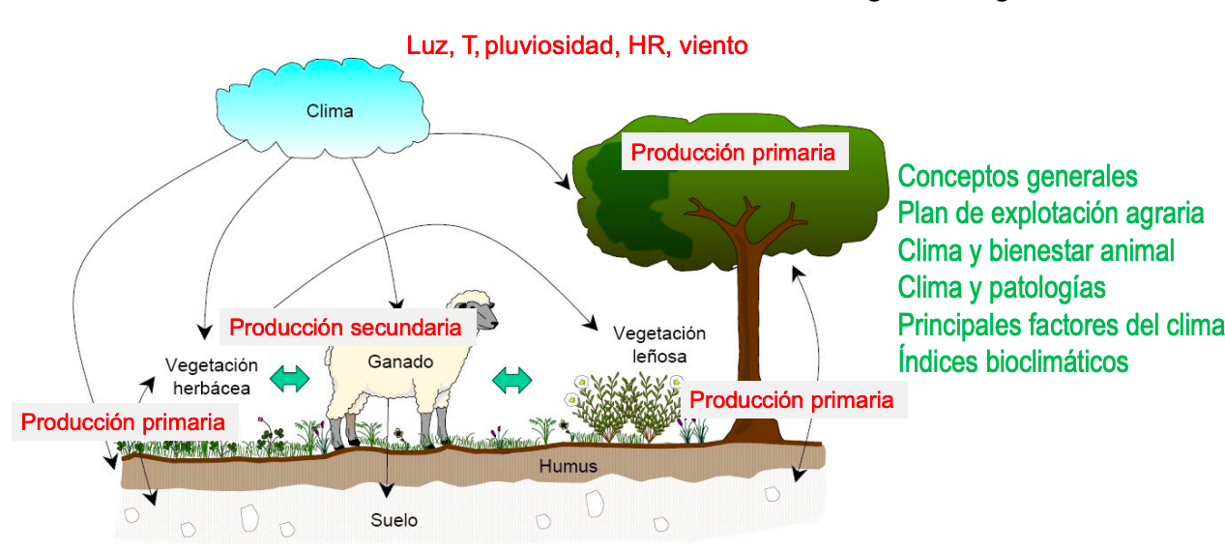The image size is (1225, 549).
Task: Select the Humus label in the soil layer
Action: [569, 467]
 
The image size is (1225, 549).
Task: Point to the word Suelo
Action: [394, 520]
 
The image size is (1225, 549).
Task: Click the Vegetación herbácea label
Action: [212, 376]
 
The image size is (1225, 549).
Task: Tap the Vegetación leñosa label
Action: [659, 344]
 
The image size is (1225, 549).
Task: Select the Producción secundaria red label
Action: [344, 328]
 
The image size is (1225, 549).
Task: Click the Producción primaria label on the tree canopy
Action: [733, 152]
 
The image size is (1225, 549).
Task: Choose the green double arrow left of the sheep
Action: [289, 378]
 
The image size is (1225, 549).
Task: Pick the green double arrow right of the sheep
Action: [512, 378]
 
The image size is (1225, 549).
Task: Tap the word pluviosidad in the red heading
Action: [550, 44]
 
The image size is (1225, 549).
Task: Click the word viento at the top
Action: [713, 44]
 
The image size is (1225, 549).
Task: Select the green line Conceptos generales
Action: [1017, 177]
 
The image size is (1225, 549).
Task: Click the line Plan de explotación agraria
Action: [1051, 213]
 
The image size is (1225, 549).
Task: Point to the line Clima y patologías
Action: [1002, 287]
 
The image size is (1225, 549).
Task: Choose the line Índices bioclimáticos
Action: [1012, 361]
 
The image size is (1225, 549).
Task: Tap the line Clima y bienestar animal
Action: [1035, 250]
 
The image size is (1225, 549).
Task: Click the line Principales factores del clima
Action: [1061, 325]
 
